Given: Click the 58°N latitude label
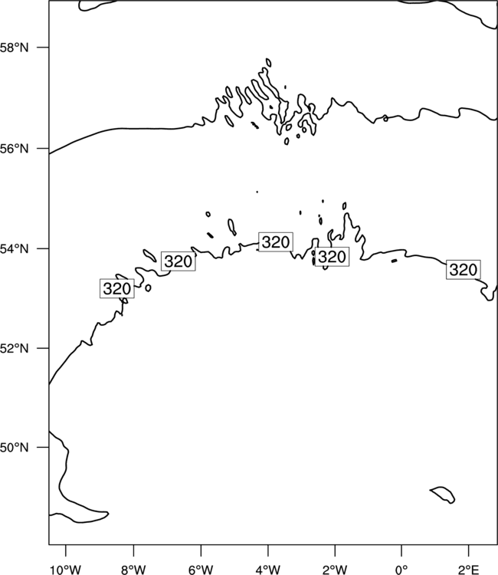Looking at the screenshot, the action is coord(14,48).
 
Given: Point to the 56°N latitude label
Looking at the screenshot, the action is coord(14,149).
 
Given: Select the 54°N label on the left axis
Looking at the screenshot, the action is coord(14,249).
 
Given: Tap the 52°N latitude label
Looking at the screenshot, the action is coord(14,348).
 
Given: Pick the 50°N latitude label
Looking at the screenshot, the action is coord(14,448).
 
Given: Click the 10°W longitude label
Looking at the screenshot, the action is coord(66,570).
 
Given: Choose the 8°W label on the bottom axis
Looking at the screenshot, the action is coord(133,570).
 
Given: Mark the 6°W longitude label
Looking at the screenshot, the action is coord(201,570).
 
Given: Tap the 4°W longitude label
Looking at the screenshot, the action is coord(268,570).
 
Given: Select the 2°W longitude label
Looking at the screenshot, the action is coord(335,570).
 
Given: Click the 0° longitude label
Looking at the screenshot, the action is coord(401,570).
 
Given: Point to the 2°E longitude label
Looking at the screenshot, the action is coord(468,570).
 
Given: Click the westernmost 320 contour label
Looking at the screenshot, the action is coord(117,288).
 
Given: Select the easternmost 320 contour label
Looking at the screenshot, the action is coord(464,270).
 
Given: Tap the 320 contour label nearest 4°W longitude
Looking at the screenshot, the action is coord(276,242).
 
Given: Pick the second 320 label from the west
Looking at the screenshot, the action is coord(178,261).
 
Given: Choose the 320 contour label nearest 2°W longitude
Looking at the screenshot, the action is coord(332,256).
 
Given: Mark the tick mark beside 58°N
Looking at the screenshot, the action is coord(42,48).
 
